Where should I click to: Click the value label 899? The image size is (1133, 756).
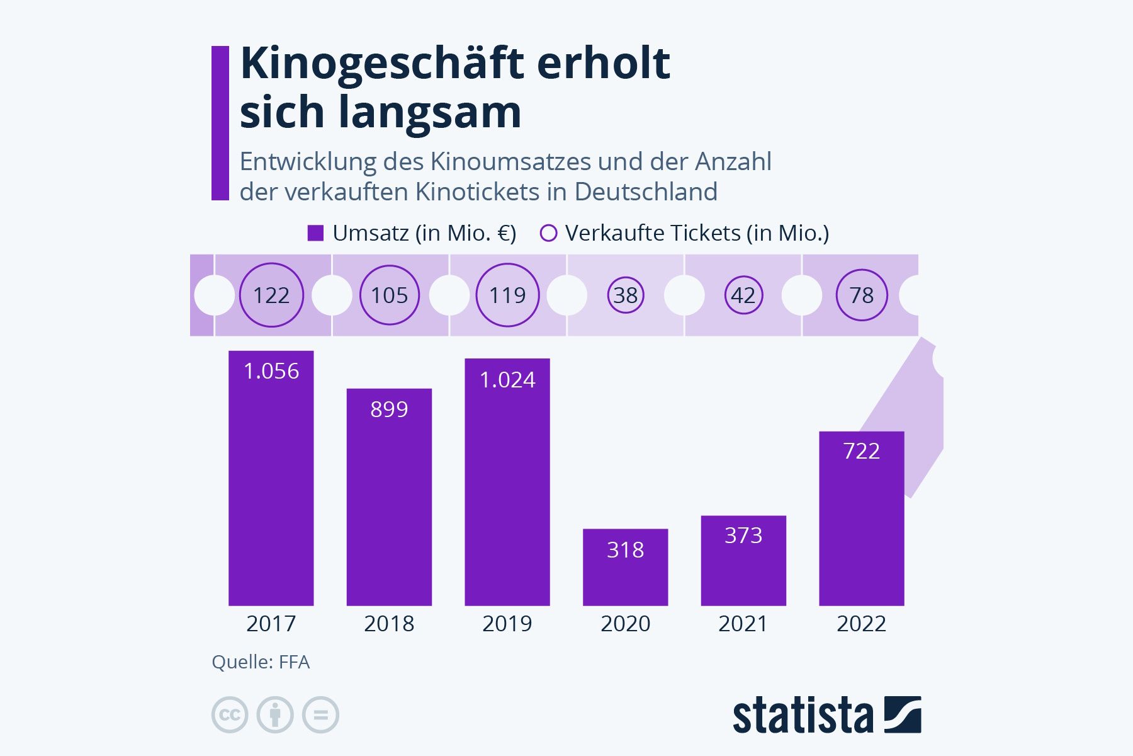coord(389,409)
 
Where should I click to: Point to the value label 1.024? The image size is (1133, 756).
coord(507,380)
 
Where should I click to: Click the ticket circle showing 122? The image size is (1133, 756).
coord(271,295)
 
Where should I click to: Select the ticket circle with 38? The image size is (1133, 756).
coord(626,295)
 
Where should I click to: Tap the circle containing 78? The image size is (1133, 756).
coord(862,295)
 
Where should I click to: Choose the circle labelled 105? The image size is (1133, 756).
coord(389,295)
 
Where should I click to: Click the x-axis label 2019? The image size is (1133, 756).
coord(507,624)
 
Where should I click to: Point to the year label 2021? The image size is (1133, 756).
coord(743,624)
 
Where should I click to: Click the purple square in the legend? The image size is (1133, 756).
coord(315,233)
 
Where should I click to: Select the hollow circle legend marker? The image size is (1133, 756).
coord(549,233)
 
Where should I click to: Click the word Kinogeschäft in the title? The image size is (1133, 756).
coord(382,64)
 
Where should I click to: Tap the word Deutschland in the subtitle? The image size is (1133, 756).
coord(646,192)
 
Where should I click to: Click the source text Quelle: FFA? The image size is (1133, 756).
coord(261,662)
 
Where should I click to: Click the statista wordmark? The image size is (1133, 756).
coord(803,716)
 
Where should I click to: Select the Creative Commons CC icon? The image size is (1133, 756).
coord(230,715)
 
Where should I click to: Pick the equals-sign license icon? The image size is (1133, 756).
coord(320,715)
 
